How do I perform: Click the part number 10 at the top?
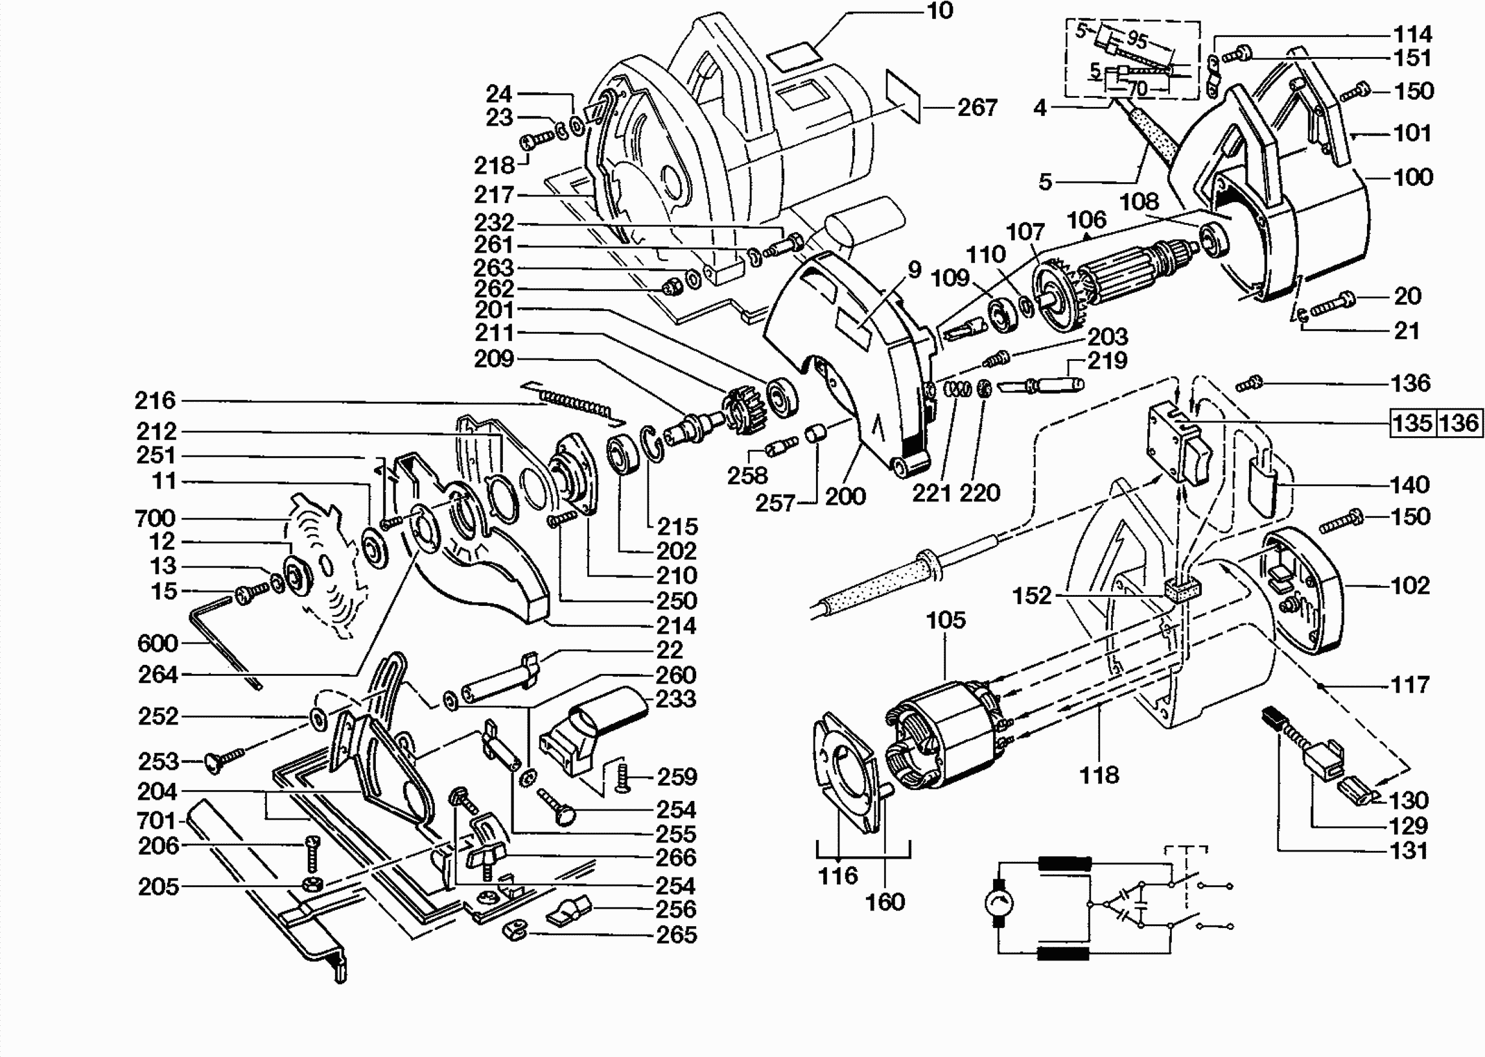[x=939, y=11]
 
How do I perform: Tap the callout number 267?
[x=977, y=108]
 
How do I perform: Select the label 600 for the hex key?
[x=157, y=643]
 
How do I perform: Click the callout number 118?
[x=1099, y=774]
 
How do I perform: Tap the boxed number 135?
[x=1412, y=423]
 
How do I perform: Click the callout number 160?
[x=885, y=901]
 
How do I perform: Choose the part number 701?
[x=156, y=820]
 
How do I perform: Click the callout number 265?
[x=677, y=935]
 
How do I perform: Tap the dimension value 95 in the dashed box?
[x=1137, y=40]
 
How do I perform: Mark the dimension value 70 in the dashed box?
[x=1136, y=87]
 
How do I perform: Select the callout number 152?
[x=1032, y=595]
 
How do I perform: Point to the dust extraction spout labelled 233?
[x=592, y=729]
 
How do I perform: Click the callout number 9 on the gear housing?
[x=915, y=270]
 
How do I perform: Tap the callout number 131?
[x=1408, y=851]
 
